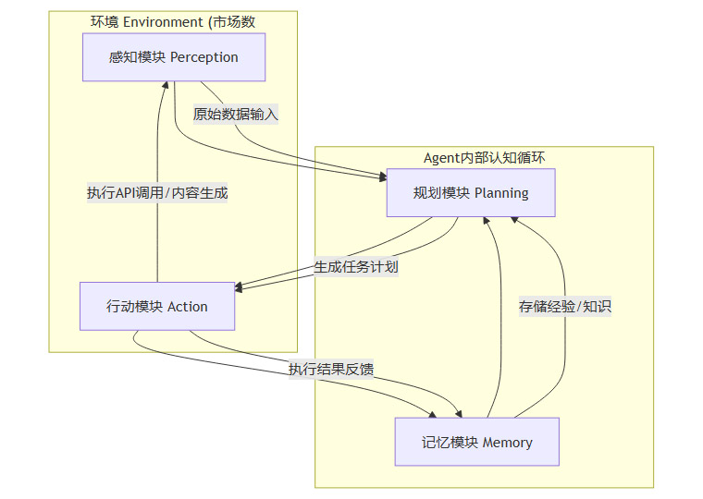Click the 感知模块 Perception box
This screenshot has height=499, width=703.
174,57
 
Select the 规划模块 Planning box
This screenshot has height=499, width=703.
470,193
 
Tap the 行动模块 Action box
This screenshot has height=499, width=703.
157,307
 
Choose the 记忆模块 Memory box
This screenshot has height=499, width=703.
476,443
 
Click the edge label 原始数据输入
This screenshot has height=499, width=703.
235,115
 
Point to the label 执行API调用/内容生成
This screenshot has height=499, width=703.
157,193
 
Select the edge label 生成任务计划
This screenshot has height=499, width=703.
355,267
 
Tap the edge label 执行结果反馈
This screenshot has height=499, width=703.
330,370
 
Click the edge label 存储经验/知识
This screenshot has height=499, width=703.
564,307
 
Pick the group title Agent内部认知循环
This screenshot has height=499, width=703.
484,158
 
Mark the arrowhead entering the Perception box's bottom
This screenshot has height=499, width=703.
164,85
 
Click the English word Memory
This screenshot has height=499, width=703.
508,443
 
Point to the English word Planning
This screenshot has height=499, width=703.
501,193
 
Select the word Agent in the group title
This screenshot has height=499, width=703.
442,158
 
